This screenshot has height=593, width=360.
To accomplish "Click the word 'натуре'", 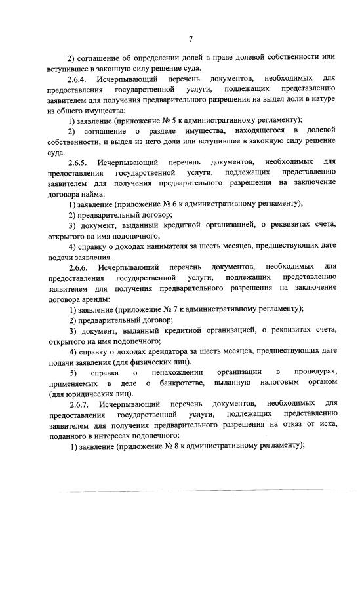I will tap(321, 99).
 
